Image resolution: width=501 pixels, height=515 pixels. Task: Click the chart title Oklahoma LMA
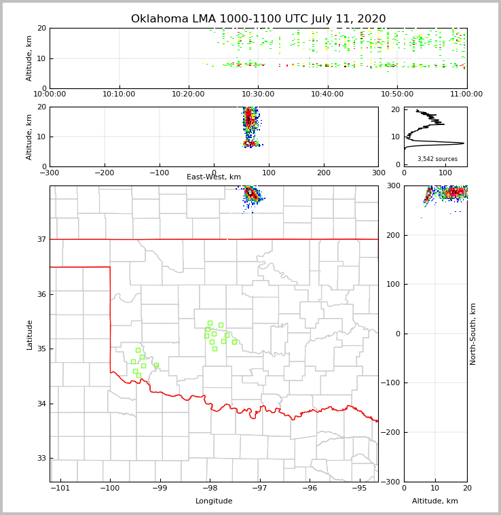click(x=258, y=19)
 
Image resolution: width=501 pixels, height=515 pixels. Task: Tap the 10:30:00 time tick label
click(x=258, y=94)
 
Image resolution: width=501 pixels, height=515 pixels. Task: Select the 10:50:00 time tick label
click(x=397, y=94)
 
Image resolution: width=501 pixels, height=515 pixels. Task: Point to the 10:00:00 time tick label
click(x=50, y=94)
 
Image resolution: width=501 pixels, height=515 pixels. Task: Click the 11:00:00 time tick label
click(x=466, y=94)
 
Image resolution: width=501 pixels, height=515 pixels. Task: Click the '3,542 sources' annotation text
click(x=437, y=159)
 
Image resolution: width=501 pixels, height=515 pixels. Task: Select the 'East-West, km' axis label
click(x=214, y=177)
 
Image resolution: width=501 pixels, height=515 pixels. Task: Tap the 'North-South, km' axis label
click(x=473, y=334)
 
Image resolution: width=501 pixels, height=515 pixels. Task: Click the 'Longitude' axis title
click(x=214, y=501)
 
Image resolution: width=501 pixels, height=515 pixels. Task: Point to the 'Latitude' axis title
click(x=30, y=334)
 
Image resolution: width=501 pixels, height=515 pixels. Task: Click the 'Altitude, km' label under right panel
click(x=435, y=501)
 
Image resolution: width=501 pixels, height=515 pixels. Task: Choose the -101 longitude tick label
click(x=60, y=488)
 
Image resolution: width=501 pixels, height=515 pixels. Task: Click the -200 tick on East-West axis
click(x=104, y=173)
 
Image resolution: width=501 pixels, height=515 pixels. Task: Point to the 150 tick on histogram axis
click(x=466, y=173)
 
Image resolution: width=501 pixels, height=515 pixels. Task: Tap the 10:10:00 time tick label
click(x=119, y=94)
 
